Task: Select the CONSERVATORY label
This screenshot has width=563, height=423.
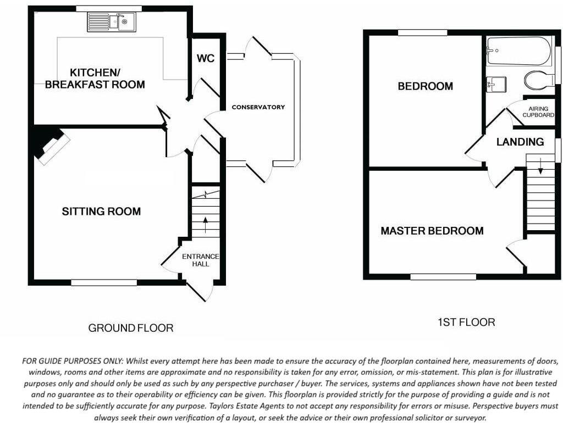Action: click(x=258, y=107)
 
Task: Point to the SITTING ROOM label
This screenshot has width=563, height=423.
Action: click(x=101, y=211)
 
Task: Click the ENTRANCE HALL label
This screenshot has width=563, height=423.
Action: click(x=201, y=260)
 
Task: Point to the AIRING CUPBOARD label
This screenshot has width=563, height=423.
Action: click(x=538, y=112)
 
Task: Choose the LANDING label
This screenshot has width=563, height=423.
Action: click(x=520, y=142)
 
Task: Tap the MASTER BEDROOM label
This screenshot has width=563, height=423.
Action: click(x=432, y=231)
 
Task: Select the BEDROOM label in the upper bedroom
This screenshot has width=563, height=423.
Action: click(x=426, y=86)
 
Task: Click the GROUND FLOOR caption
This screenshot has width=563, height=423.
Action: click(x=131, y=329)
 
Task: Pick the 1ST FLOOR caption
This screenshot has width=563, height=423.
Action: click(x=466, y=322)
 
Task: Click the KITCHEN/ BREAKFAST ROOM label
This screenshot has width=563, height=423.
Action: click(x=95, y=79)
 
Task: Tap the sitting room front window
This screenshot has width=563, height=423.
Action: click(x=104, y=282)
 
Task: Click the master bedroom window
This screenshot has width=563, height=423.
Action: click(x=443, y=277)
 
